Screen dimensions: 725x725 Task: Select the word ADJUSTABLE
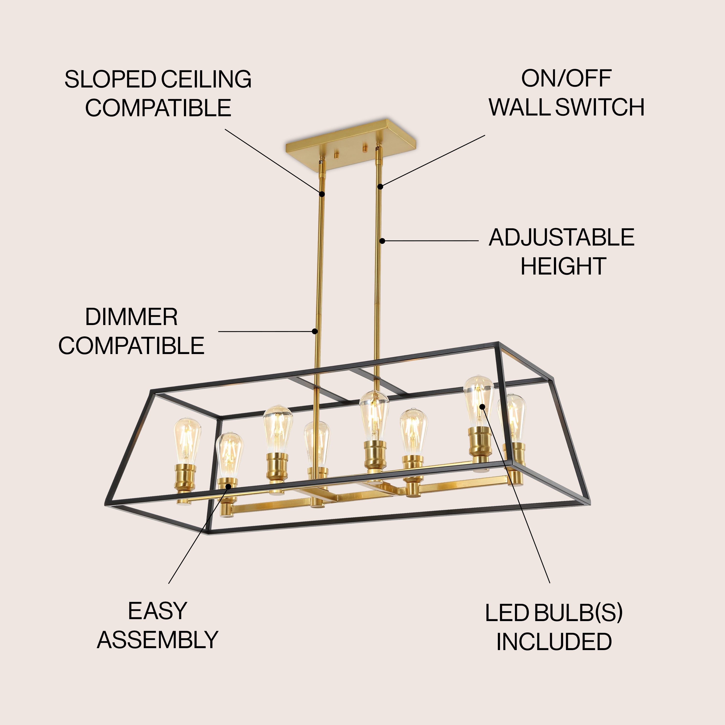[x=561, y=238]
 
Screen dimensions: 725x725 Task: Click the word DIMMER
[x=131, y=317]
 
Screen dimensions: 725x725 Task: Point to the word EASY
[x=157, y=611]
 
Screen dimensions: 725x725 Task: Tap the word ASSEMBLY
[x=158, y=640]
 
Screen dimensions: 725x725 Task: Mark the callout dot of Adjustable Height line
[x=382, y=241]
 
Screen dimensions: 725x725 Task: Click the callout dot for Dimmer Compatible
[x=315, y=331]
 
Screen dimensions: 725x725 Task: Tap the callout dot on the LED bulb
[x=482, y=406]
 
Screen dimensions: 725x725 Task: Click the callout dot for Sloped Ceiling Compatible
[x=322, y=194]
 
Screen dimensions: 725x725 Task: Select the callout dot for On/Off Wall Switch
[x=380, y=187]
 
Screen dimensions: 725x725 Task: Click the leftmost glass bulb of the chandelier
[x=187, y=441]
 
